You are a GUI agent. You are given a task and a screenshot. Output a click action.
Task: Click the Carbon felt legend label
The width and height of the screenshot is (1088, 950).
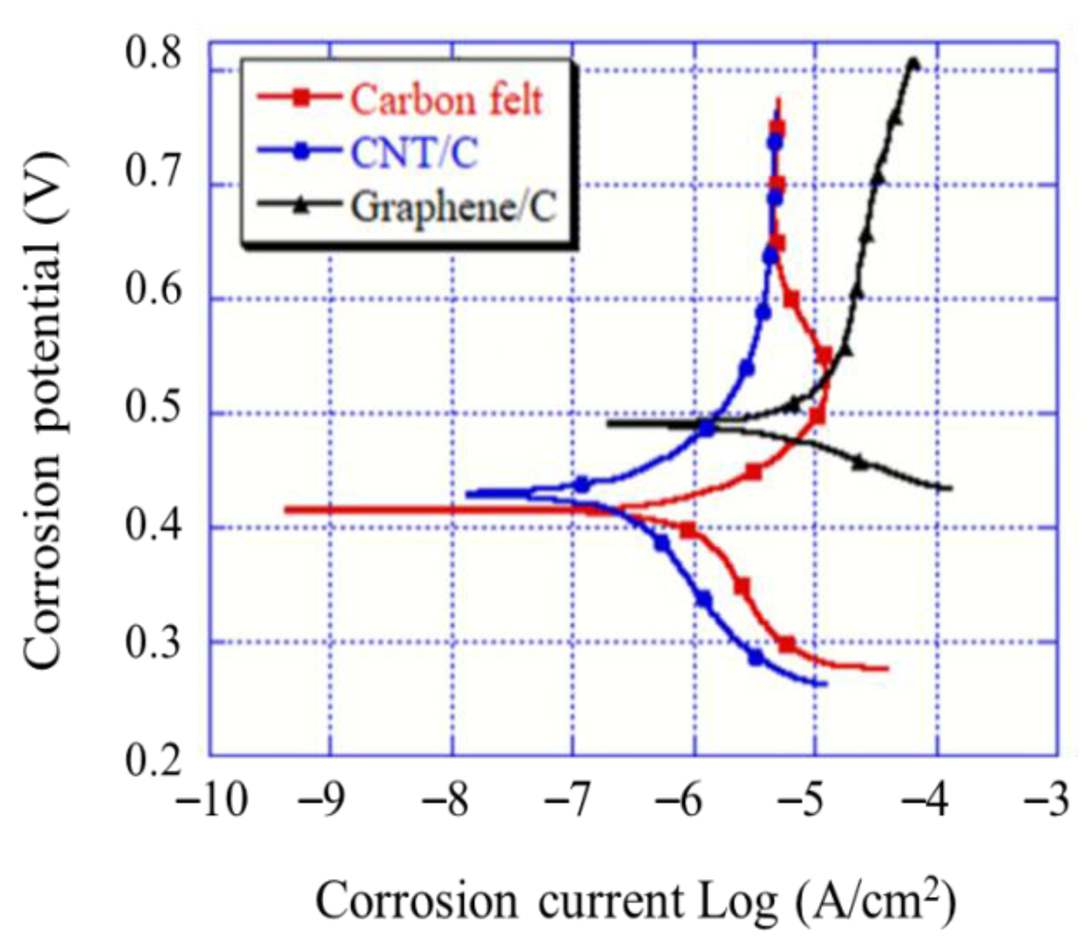click(446, 100)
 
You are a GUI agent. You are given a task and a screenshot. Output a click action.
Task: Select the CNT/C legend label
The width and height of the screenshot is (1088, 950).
click(414, 153)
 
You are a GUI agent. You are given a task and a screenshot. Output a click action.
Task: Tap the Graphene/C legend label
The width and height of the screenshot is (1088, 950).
click(454, 207)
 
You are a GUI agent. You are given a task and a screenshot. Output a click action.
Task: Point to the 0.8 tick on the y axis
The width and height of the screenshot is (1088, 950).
click(154, 52)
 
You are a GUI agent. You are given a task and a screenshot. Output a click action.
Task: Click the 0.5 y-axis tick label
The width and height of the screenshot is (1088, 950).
click(154, 407)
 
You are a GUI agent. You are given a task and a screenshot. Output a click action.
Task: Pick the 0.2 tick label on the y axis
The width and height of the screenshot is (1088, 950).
click(154, 761)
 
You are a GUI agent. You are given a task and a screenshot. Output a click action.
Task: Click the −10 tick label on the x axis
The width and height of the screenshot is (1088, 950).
click(211, 800)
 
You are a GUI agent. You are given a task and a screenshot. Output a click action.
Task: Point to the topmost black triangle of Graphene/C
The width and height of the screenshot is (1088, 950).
click(913, 64)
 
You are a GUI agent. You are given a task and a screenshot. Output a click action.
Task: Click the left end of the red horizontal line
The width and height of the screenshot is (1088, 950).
click(286, 510)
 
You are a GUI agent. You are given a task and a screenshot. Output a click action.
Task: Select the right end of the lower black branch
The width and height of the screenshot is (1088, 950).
click(951, 488)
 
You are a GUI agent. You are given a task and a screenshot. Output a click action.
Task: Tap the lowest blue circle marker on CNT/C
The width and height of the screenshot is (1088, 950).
click(756, 658)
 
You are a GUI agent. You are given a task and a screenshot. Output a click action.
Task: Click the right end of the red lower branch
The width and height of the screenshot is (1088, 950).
click(887, 669)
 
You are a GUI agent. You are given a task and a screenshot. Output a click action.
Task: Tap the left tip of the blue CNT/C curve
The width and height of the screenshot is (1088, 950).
click(468, 494)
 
